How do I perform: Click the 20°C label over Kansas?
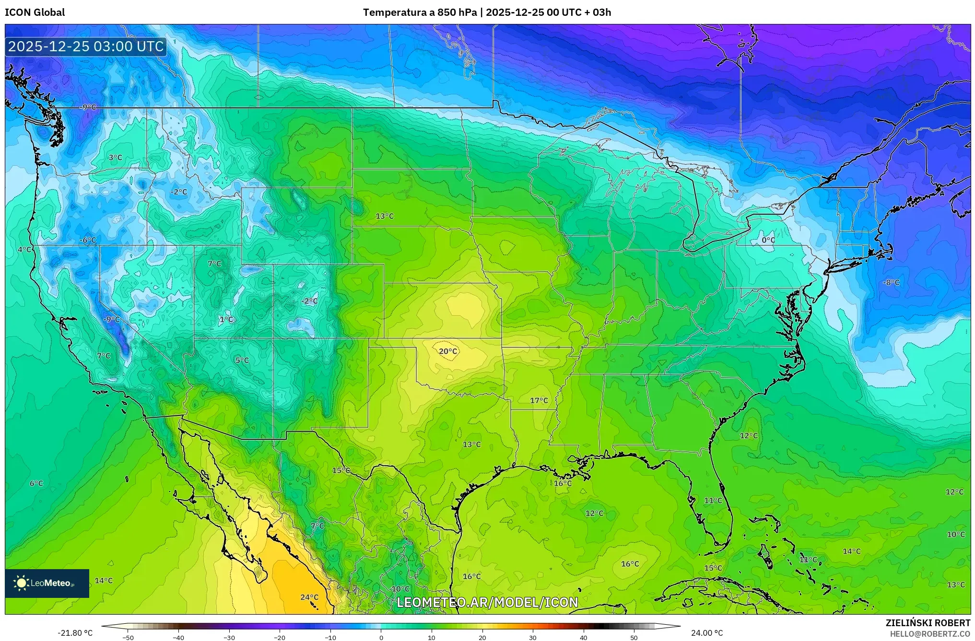point(448,351)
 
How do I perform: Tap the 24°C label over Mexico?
point(309,597)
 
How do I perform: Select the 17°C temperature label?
point(539,401)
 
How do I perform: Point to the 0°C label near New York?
point(768,240)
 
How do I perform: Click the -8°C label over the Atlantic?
point(891,283)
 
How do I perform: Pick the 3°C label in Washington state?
point(115,157)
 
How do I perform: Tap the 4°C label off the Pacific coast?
point(24,250)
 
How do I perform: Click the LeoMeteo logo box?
point(47,583)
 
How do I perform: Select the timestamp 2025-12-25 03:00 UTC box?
point(86,46)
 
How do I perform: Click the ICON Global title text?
point(35,12)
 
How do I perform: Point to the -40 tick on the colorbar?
point(178,637)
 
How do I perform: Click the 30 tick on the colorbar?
point(533,637)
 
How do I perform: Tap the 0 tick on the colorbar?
point(381,637)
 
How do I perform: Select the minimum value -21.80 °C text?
point(75,633)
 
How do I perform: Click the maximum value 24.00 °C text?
point(707,633)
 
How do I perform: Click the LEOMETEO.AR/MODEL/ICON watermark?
point(487,602)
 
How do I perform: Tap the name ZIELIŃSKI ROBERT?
point(928,623)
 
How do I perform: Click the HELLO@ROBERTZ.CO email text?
point(930,634)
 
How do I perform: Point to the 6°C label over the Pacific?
point(36,483)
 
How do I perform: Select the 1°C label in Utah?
point(226,320)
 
